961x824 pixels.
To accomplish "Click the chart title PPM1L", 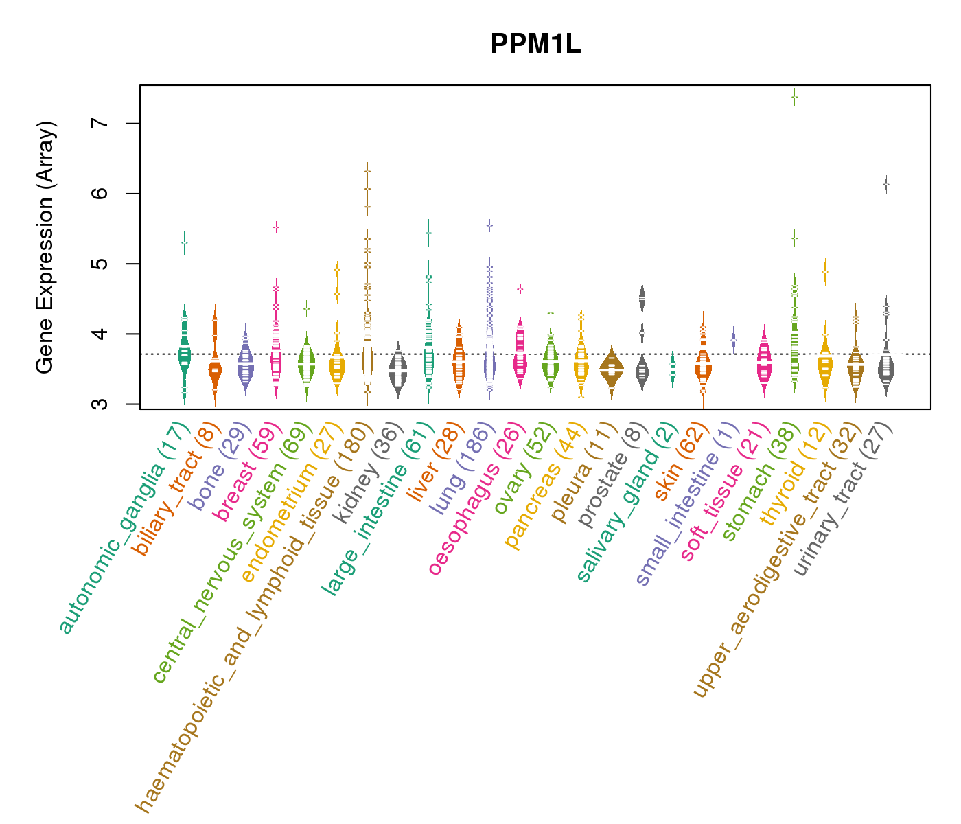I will [535, 45].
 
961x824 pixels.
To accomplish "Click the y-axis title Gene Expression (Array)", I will [45, 247].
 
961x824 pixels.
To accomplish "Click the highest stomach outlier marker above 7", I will [794, 97].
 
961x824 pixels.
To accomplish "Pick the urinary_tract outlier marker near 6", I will [886, 185].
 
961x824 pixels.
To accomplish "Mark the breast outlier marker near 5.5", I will [276, 227].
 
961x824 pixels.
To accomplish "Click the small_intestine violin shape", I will [734, 340].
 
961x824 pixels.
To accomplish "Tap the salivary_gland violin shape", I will [673, 369].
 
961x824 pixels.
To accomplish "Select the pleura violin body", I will [612, 369].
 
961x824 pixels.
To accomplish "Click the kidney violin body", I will [398, 371].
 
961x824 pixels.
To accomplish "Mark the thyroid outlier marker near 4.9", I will [825, 273].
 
